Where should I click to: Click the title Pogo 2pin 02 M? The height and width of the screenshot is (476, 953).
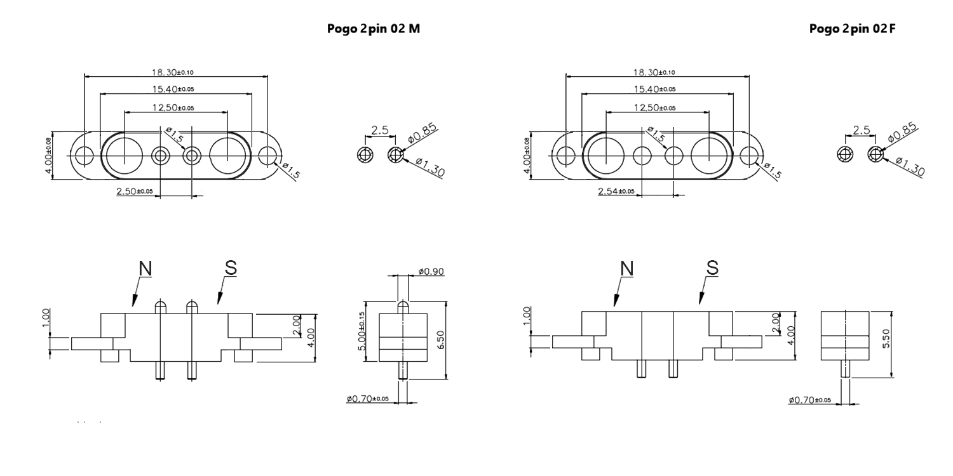373,29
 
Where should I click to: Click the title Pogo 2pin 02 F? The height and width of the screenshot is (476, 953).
852,29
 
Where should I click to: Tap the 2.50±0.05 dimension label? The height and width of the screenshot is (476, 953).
135,191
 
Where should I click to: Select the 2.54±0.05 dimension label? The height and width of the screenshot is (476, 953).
616,191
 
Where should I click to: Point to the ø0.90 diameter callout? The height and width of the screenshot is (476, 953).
431,271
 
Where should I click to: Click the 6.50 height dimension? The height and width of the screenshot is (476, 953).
441,340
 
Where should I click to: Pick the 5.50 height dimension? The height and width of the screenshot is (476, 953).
886,338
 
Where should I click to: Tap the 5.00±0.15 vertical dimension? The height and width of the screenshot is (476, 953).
362,331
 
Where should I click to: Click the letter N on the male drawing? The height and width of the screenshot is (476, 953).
145,268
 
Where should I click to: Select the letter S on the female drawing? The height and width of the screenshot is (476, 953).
713,268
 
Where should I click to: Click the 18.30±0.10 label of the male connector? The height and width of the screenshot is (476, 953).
172,72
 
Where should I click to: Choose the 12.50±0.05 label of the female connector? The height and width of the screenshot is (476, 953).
654,107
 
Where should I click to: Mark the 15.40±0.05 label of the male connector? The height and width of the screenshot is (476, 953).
173,89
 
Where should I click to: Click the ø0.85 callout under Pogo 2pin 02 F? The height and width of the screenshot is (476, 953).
903,133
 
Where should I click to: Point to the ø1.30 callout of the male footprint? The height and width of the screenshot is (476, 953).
430,167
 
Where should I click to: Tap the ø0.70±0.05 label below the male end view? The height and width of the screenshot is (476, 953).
368,399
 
